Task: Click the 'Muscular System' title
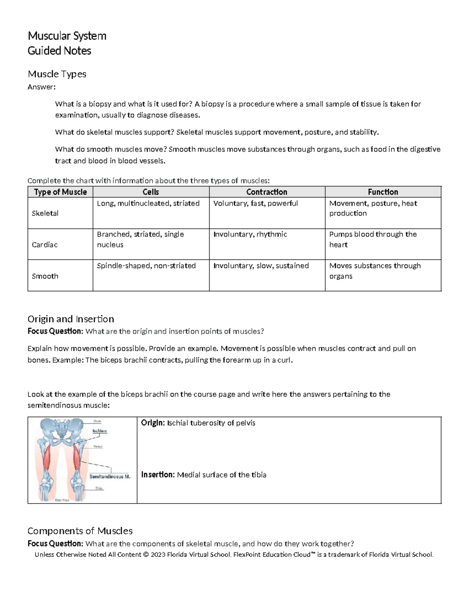click(x=67, y=36)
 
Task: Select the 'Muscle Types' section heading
click(x=57, y=74)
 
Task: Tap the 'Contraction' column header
click(x=267, y=192)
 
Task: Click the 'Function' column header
click(x=383, y=192)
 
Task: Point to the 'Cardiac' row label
click(x=45, y=245)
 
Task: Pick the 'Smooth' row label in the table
click(x=45, y=276)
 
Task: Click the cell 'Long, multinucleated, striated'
click(x=148, y=203)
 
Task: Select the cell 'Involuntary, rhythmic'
click(x=250, y=234)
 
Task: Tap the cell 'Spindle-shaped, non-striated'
click(x=146, y=266)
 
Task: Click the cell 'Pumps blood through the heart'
click(x=372, y=239)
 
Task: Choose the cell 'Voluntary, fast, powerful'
click(x=256, y=203)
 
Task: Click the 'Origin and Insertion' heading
click(x=71, y=319)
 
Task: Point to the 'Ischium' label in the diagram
click(x=99, y=431)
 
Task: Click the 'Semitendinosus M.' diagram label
click(x=109, y=476)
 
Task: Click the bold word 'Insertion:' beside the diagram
click(x=158, y=474)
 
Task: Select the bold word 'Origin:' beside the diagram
click(x=153, y=423)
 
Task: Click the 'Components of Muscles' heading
click(x=80, y=531)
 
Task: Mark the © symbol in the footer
click(x=146, y=555)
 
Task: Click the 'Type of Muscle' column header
click(x=60, y=192)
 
